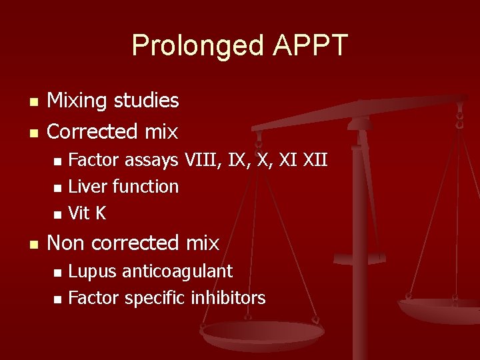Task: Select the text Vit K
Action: tap(87, 213)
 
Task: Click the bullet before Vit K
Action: tap(57, 215)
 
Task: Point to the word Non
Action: tap(67, 243)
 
